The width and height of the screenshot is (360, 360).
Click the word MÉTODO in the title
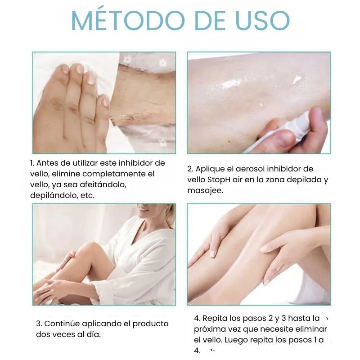click(128, 20)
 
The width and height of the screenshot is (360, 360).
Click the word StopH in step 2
click(219, 180)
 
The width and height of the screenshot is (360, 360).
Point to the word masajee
click(205, 190)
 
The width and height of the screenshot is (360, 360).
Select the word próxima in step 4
click(208, 329)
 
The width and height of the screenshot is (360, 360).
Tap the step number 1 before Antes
click(32, 163)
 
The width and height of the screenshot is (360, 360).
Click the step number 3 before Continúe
click(39, 324)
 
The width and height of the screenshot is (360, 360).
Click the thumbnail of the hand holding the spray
click(259, 103)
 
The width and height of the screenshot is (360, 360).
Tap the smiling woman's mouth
click(144, 210)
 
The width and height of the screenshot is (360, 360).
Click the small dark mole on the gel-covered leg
click(229, 141)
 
